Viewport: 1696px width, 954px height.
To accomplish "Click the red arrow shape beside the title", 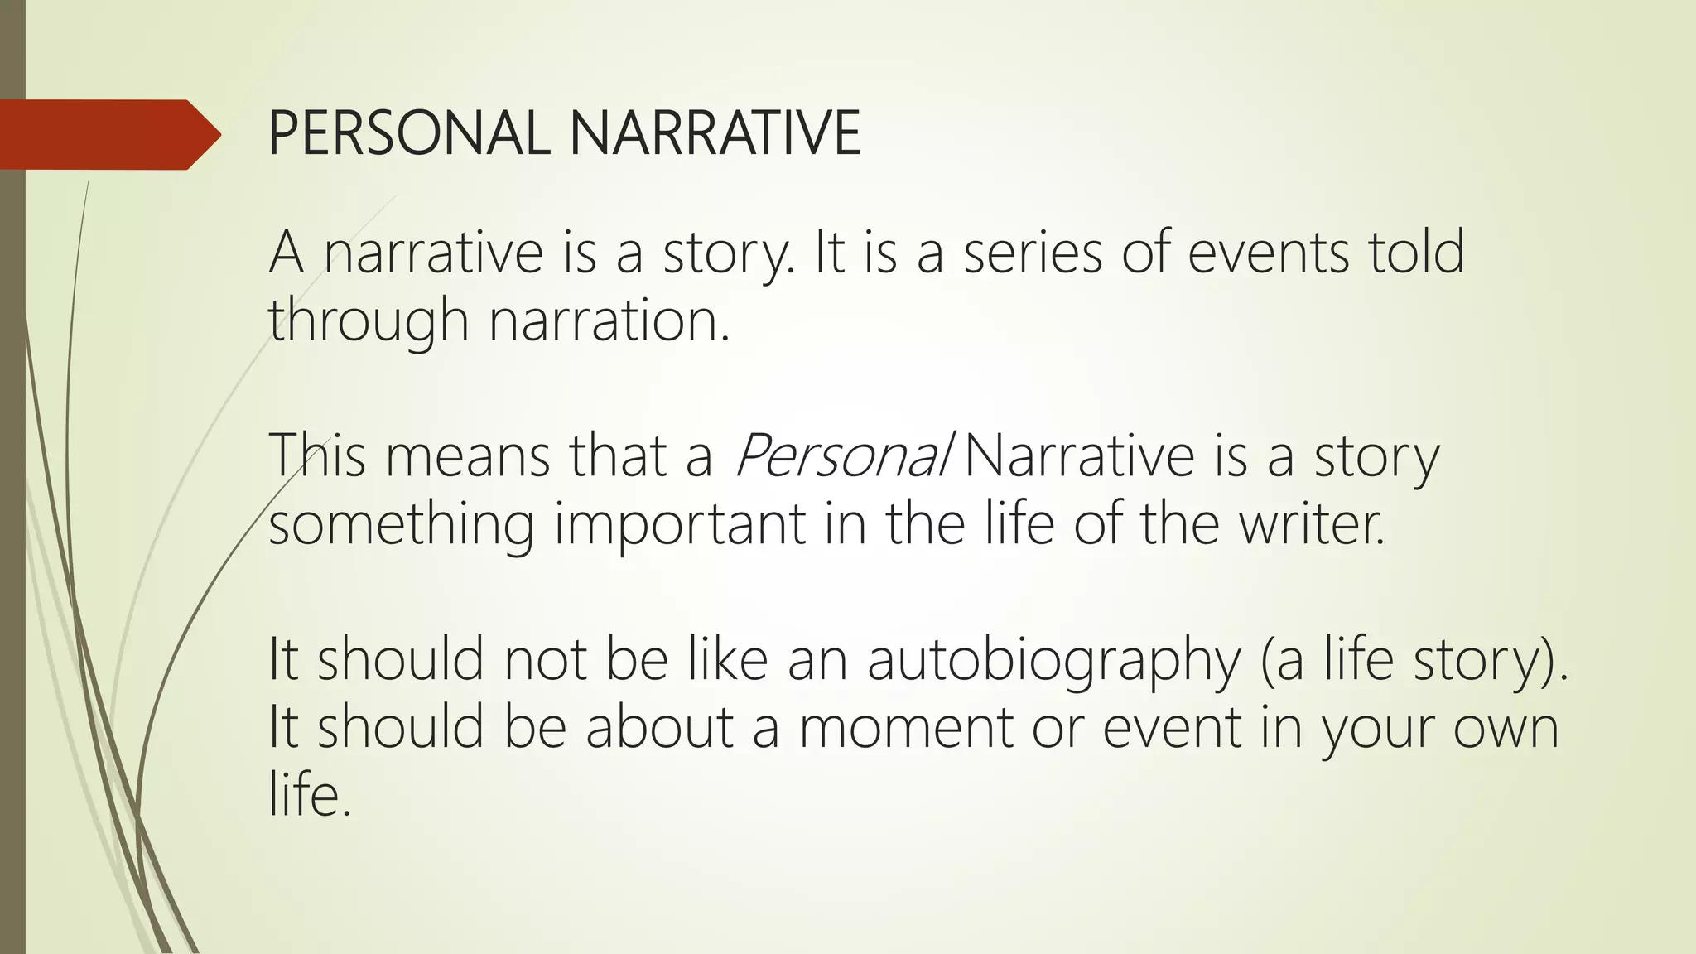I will [x=108, y=135].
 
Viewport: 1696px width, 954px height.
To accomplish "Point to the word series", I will [x=1033, y=253].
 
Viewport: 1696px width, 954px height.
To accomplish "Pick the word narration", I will [x=609, y=320].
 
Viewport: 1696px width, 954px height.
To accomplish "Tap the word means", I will [x=467, y=456].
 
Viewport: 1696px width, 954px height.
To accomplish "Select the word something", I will [x=402, y=525].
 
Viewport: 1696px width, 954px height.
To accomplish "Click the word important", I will [x=680, y=525].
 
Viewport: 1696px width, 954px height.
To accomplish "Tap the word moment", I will [x=906, y=728].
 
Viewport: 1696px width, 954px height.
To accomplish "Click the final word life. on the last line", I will [x=310, y=795].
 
